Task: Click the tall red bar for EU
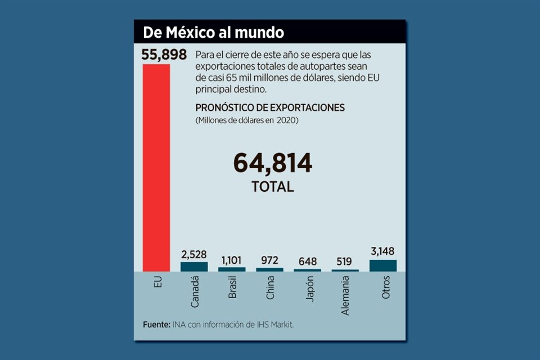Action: click(156, 168)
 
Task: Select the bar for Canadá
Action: click(194, 267)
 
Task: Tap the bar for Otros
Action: click(383, 265)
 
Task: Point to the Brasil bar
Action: click(232, 269)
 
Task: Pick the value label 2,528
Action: click(194, 254)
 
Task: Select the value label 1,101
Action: click(232, 260)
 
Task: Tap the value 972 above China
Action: click(269, 260)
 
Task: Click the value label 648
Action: click(307, 262)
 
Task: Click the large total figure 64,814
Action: click(273, 164)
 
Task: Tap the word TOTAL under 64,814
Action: click(273, 187)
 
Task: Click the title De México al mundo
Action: click(213, 32)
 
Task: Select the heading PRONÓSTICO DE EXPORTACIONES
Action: click(269, 107)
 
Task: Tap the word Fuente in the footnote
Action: click(156, 325)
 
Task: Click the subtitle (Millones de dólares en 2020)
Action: click(247, 120)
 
